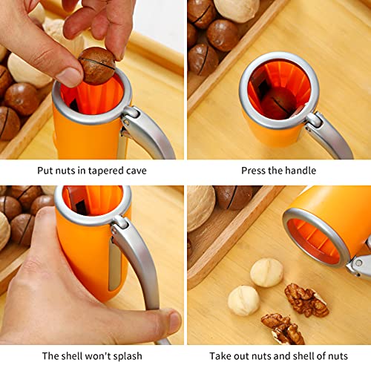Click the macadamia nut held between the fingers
(x=97, y=65)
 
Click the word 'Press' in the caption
(x=255, y=171)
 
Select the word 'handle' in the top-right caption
(x=299, y=171)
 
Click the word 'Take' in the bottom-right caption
(x=221, y=356)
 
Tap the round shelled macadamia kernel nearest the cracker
(x=266, y=272)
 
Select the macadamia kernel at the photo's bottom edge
(x=243, y=301)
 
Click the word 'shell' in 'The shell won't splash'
(x=75, y=356)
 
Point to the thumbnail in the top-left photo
(x=71, y=76)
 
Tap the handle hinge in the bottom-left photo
(x=118, y=222)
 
